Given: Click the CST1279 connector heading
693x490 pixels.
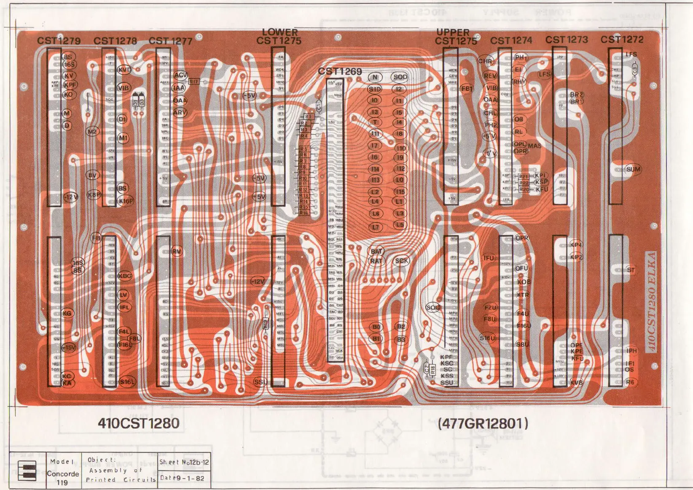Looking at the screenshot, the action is (59, 41).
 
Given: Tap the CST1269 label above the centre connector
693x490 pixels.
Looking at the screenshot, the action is (340, 71).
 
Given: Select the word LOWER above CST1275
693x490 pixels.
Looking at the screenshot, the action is (280, 32).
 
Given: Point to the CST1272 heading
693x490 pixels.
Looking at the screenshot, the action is (622, 39).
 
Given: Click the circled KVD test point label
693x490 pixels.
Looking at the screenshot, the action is (124, 70).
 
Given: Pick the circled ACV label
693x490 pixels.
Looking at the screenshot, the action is (180, 75).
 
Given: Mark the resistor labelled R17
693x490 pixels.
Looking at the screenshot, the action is (193, 81).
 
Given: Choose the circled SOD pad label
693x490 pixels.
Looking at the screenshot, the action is (400, 77).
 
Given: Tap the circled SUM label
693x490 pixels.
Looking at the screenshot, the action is (633, 169).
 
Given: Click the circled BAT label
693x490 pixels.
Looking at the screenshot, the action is (376, 252).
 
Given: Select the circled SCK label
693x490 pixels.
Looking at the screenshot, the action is (401, 261).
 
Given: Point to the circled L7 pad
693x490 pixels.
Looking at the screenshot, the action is (375, 227).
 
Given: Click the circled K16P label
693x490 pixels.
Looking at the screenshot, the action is (126, 201).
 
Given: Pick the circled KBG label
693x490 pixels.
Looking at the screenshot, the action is (125, 276).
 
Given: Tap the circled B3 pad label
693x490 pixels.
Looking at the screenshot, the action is (400, 339).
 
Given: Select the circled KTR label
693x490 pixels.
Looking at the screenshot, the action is (523, 295).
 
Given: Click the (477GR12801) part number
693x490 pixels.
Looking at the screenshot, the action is (483, 423).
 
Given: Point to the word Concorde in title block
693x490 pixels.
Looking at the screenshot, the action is (63, 474).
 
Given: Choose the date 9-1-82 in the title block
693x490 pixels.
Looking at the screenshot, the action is (190, 478).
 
